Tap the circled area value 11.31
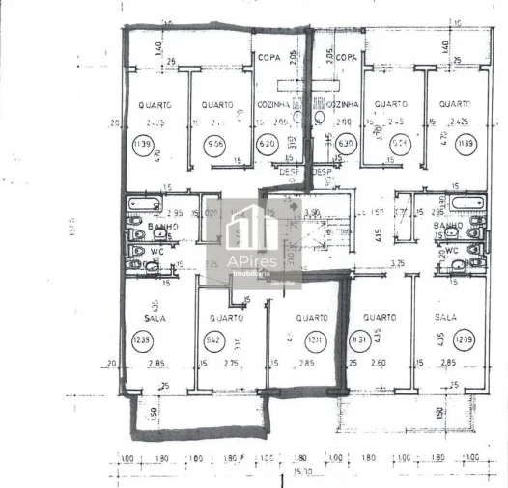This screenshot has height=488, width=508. pos(358,339)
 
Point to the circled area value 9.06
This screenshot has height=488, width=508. pos(214,148)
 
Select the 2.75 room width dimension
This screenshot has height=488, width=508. pos(231,364)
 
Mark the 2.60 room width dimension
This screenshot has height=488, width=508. pos(380,364)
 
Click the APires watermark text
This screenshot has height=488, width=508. pos(254,262)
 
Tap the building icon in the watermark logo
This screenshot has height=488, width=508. pos(253,230)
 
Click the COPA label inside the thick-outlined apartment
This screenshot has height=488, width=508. pos(269,59)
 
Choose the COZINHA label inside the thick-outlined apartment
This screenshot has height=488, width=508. pos(273,104)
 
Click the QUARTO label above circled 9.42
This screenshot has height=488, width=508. pos(224,316)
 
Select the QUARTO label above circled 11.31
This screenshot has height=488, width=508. pos(380,316)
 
